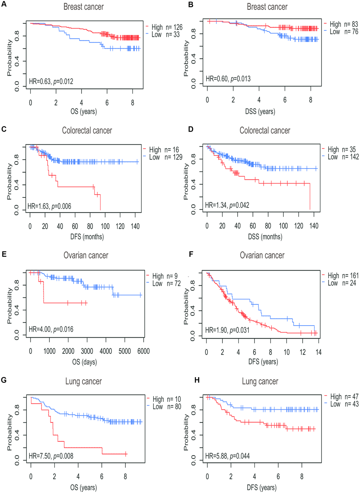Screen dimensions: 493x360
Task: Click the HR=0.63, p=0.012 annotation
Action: tap(51, 82)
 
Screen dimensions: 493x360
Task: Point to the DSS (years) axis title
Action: tap(260, 112)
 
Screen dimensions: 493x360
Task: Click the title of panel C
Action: tap(87, 130)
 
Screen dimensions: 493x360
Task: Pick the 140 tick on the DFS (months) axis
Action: tap(135, 226)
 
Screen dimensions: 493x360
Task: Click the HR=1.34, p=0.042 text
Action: tap(227, 205)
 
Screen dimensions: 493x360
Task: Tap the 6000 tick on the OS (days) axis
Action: tap(143, 351)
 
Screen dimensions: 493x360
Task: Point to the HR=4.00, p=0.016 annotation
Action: tap(51, 329)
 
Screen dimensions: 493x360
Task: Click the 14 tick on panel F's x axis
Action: tap(318, 352)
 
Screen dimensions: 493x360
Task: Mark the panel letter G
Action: tap(4, 380)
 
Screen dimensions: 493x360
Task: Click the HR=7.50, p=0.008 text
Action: tap(51, 456)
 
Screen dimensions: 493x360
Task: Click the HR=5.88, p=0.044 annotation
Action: tap(227, 456)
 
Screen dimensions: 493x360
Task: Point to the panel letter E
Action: tap(4, 254)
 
